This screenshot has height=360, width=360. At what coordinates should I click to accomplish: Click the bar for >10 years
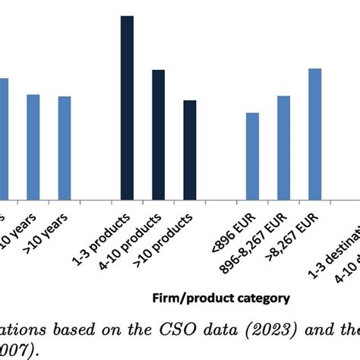tap(65, 148)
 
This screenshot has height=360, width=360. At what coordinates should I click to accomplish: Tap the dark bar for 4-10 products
tap(158, 135)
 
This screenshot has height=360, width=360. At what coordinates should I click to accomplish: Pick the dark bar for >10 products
tap(190, 150)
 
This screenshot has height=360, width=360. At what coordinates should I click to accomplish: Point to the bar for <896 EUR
tap(252, 156)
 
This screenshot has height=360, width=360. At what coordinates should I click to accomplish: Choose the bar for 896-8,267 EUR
tap(283, 148)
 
